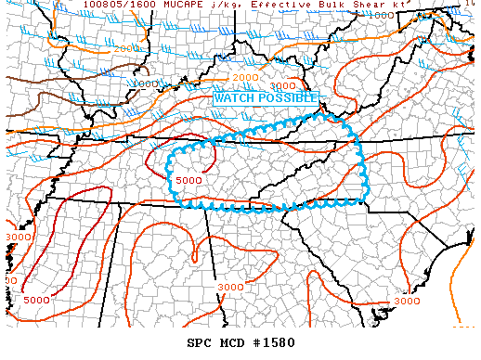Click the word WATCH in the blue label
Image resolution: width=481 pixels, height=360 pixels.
234,97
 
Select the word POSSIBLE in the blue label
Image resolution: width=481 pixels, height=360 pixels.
287,97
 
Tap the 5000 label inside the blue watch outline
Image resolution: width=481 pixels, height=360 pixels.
188,179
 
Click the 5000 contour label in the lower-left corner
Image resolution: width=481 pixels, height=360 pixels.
37,300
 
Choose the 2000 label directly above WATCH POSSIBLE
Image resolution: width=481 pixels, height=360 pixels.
245,77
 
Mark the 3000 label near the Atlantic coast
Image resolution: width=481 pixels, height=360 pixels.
407,301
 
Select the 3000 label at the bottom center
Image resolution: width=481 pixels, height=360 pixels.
231,287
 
